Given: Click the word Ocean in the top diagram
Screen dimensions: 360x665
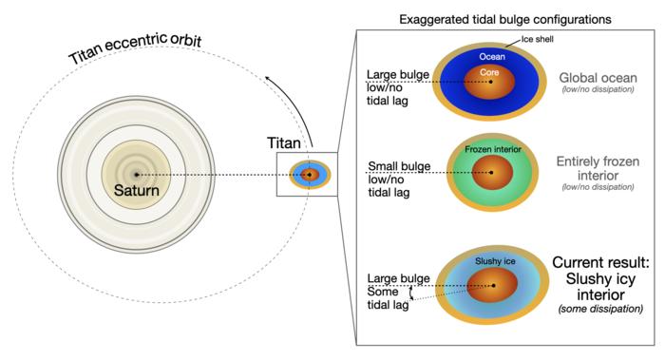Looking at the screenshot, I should [492, 57].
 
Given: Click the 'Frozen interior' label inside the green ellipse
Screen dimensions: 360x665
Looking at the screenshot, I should [492, 150].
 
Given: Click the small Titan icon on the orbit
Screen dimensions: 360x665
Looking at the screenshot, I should [308, 174].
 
